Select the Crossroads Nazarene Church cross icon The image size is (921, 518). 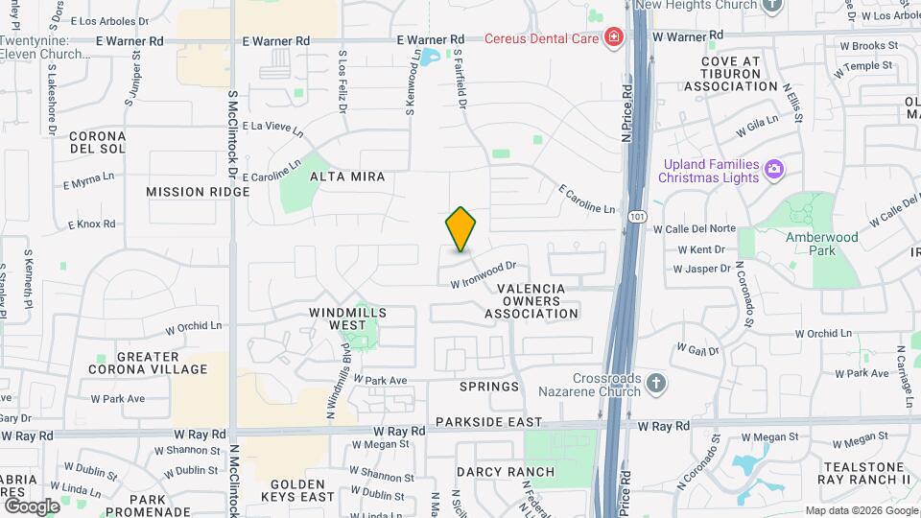pos(655,385)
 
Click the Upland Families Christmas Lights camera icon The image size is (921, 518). pos(773,170)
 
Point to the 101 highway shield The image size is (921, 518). pos(637,217)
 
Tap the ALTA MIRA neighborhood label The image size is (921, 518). pos(347,177)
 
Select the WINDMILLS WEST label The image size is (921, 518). pos(347,318)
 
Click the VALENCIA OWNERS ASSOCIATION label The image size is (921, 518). pos(531,300)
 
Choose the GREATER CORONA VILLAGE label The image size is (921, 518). pos(148,363)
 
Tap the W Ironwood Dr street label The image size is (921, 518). pos(484,274)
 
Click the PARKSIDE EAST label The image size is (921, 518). pos(487,422)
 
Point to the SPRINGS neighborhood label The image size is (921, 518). pos(489,388)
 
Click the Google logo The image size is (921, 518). pos(32,506)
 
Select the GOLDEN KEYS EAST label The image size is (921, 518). pos(303,490)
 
